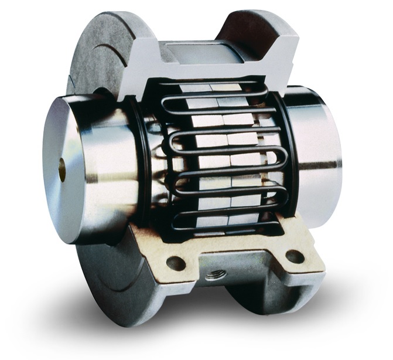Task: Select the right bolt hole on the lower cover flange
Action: click(x=295, y=256)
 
